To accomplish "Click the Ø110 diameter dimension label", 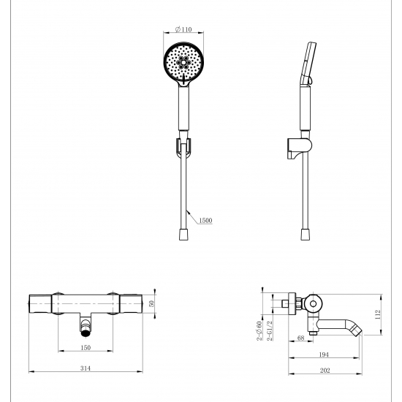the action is click(183, 29).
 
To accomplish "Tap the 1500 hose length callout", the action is click(205, 220).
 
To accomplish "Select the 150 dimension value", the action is click(86, 347).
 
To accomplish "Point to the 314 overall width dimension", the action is click(86, 368).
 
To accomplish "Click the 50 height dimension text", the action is click(151, 303).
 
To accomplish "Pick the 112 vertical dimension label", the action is click(378, 314).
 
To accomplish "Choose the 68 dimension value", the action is click(300, 338).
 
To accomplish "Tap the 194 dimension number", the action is click(324, 354).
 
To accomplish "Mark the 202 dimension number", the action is click(325, 371).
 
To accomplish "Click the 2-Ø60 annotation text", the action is click(259, 330).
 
